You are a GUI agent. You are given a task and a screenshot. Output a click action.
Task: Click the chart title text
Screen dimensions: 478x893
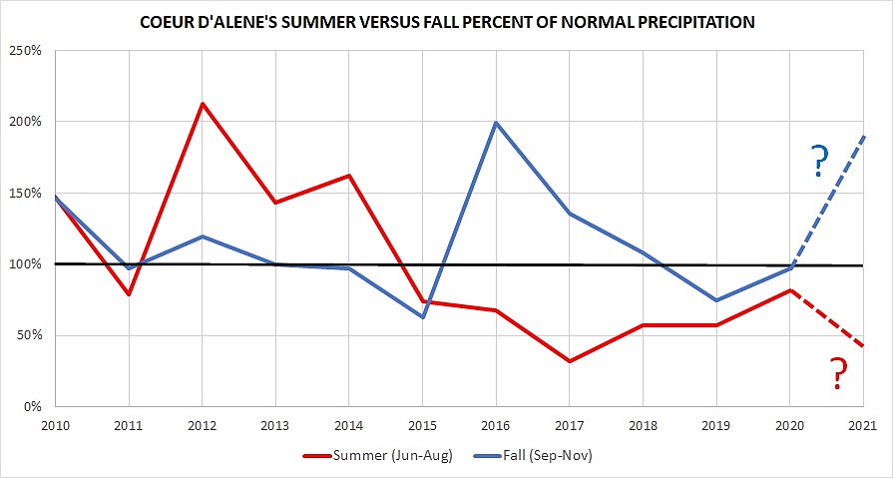[x=446, y=21]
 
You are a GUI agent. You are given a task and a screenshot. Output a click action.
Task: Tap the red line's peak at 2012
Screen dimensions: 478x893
[x=203, y=104]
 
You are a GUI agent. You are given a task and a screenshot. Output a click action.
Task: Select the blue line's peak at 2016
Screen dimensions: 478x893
[x=496, y=123]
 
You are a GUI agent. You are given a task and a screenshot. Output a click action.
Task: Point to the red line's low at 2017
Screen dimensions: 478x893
[x=569, y=361]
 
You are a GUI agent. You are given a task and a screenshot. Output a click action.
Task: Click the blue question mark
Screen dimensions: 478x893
[x=819, y=160]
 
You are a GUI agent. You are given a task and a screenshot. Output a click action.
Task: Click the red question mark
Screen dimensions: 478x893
[x=838, y=374]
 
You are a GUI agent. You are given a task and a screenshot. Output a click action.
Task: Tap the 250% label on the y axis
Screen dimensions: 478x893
[x=25, y=50]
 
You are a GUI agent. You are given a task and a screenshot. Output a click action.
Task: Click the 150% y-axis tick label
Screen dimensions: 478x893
[x=25, y=193]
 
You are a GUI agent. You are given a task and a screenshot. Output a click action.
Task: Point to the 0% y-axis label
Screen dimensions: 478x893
[x=32, y=406]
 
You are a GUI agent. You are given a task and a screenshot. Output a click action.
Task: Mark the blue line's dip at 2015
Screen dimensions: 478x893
[x=422, y=317]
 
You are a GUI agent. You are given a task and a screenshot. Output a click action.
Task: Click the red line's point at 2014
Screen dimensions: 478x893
[x=349, y=176]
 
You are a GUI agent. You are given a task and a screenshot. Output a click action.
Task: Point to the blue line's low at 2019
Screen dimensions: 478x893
[x=716, y=300]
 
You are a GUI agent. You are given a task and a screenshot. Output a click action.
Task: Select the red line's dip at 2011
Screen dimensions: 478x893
[x=129, y=294]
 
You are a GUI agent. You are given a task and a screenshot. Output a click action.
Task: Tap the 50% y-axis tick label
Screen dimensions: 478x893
[x=28, y=335]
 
